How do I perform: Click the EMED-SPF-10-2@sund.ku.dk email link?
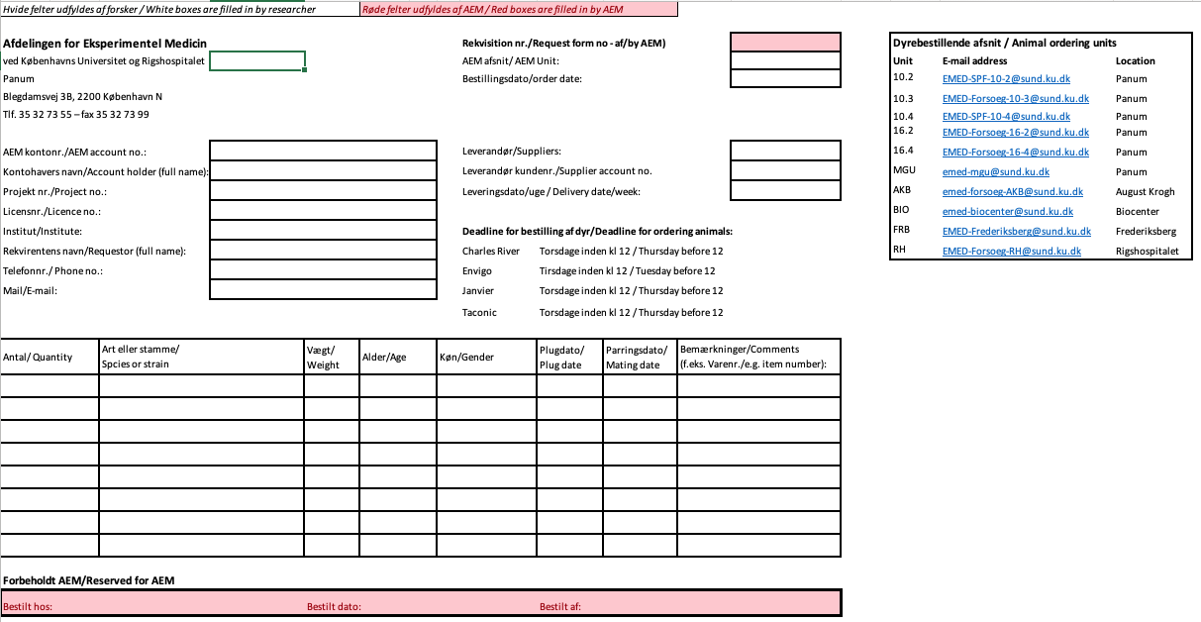(x=1005, y=78)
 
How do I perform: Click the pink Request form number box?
(x=785, y=42)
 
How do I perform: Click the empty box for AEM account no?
(x=323, y=151)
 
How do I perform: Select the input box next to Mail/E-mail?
(x=323, y=290)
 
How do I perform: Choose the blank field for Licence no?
(x=323, y=211)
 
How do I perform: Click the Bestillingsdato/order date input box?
(x=785, y=79)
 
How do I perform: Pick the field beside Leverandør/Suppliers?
(x=785, y=151)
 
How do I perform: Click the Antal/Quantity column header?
(x=38, y=358)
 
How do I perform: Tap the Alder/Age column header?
(x=384, y=358)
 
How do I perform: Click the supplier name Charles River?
(x=491, y=252)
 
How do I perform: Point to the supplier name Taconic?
(x=479, y=313)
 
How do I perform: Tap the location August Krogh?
(x=1145, y=191)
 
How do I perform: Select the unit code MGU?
(x=903, y=171)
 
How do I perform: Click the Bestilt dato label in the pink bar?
(x=334, y=606)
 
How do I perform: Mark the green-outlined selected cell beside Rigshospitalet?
(x=257, y=60)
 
